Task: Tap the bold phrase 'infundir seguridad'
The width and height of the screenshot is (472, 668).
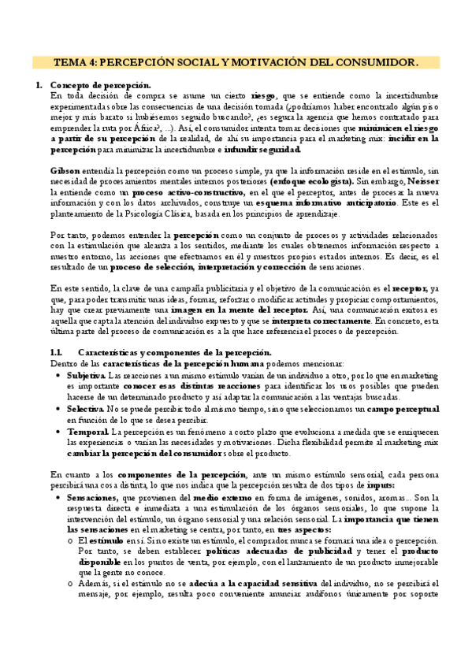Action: pos(262,149)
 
